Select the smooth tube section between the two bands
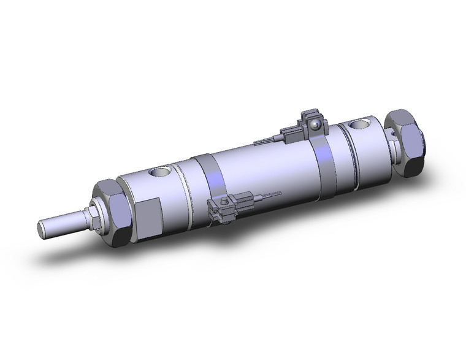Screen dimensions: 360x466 coord(264,169)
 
